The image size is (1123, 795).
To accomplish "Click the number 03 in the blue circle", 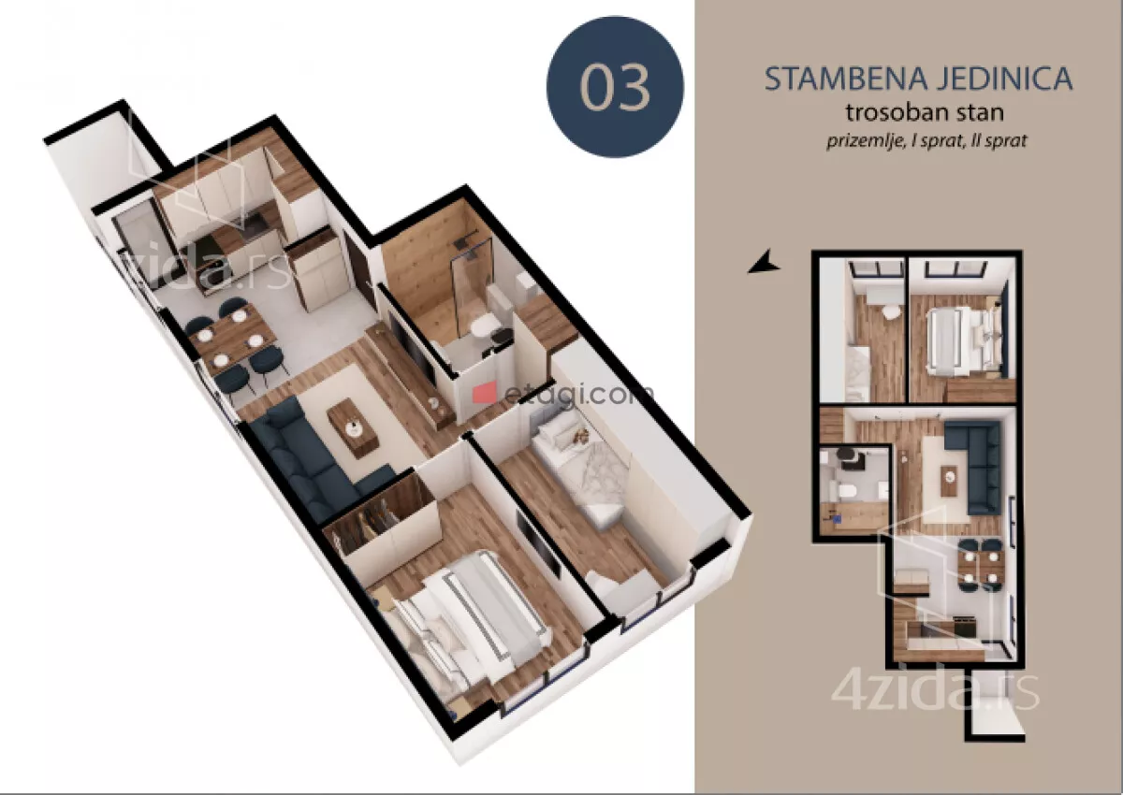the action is click(x=615, y=86).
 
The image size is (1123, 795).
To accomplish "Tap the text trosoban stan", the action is click(x=925, y=113).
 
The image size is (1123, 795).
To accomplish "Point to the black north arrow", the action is click(x=764, y=263).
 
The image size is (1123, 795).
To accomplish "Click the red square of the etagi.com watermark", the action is click(x=484, y=393).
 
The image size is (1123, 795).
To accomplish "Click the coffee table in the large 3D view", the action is click(x=352, y=426).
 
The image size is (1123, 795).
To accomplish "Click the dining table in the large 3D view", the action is click(x=233, y=340).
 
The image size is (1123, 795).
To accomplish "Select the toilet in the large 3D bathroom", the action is click(x=482, y=326).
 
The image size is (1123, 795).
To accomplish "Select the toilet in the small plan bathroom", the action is click(x=848, y=493).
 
